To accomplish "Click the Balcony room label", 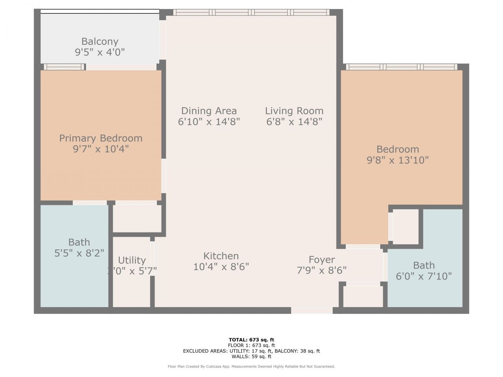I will coord(100,41).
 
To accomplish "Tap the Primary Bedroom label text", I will coord(101,138).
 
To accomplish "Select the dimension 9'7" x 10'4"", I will coord(101,149).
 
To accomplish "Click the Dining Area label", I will coord(209,111).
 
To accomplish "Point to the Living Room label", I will coord(294,111).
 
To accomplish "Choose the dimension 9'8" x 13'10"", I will coord(397,160).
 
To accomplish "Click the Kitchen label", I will coord(221,256).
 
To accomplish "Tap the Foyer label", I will coord(321,260).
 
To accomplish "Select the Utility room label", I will coord(132,260).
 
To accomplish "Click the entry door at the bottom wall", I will coord(312,310).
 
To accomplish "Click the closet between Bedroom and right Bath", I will coord(406,226).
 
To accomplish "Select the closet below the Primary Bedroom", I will coord(137,218).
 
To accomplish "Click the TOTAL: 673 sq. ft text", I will coord(251,340).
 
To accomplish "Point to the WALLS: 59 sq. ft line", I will coord(251,357).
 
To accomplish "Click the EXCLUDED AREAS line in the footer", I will coord(251,351).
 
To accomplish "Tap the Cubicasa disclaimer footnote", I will coord(251,366).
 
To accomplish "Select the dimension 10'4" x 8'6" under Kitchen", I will coord(221,267).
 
